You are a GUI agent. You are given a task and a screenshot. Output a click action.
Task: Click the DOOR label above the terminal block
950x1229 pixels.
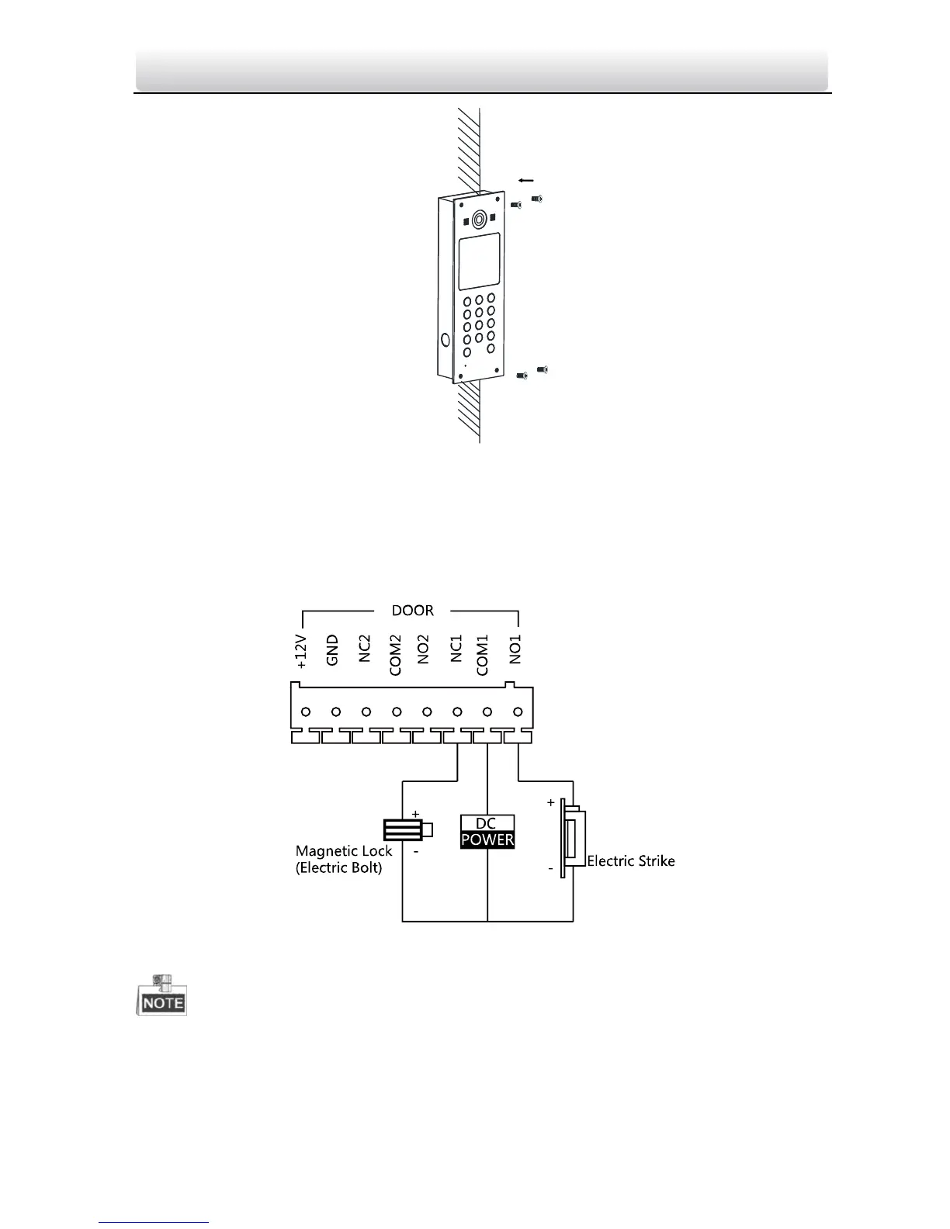point(412,611)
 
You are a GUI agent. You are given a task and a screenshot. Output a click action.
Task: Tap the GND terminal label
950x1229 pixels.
point(332,650)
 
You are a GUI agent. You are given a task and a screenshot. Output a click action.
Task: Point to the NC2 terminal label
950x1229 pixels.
point(364,649)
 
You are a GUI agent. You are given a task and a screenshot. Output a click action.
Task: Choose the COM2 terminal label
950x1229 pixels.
point(395,655)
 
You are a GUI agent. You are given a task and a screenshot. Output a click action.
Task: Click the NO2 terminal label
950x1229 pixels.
point(424,649)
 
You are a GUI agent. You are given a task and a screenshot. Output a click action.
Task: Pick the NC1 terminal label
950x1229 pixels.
point(456,649)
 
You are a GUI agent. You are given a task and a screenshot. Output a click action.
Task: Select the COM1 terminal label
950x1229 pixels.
point(482,655)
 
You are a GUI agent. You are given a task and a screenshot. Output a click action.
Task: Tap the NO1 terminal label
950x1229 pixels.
point(515,649)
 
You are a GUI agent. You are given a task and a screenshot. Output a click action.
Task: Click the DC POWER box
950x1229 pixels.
point(487,832)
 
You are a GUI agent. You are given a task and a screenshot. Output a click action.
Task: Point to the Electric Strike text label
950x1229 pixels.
point(630,860)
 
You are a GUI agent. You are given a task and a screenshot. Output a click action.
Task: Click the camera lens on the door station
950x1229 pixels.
point(479,220)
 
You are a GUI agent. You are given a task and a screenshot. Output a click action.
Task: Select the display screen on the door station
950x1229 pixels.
point(477,263)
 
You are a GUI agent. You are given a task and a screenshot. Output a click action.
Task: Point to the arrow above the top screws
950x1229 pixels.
point(525,180)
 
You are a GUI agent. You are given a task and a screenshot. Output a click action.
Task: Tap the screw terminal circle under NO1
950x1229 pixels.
point(518,711)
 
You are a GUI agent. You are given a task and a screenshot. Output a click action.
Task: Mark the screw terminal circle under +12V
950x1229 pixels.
point(306,711)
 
